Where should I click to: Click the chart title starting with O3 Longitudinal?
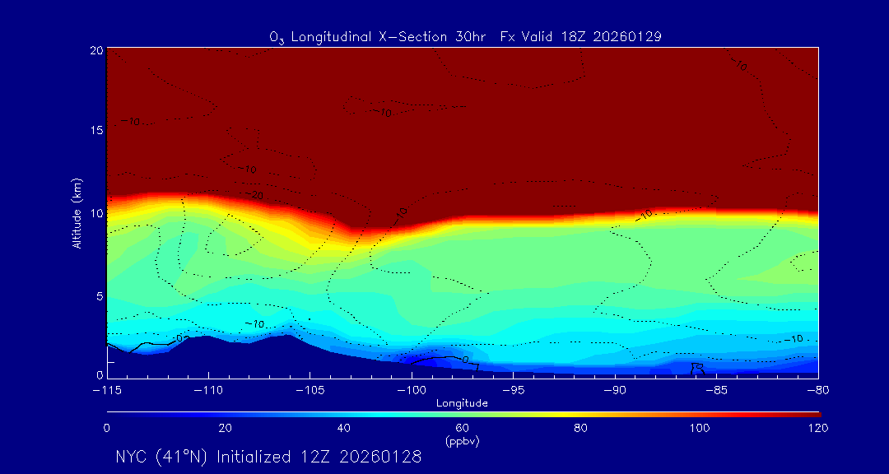pyautogui.click(x=466, y=37)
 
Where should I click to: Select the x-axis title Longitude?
pyautogui.click(x=462, y=402)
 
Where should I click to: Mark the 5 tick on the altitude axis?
pyautogui.click(x=98, y=295)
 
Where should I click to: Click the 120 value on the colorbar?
pyautogui.click(x=817, y=428)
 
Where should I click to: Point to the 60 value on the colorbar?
pyautogui.click(x=462, y=428)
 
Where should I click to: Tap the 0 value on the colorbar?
pyautogui.click(x=107, y=428)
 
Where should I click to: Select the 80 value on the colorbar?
pyautogui.click(x=581, y=428)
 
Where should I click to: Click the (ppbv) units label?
pyautogui.click(x=462, y=440)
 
